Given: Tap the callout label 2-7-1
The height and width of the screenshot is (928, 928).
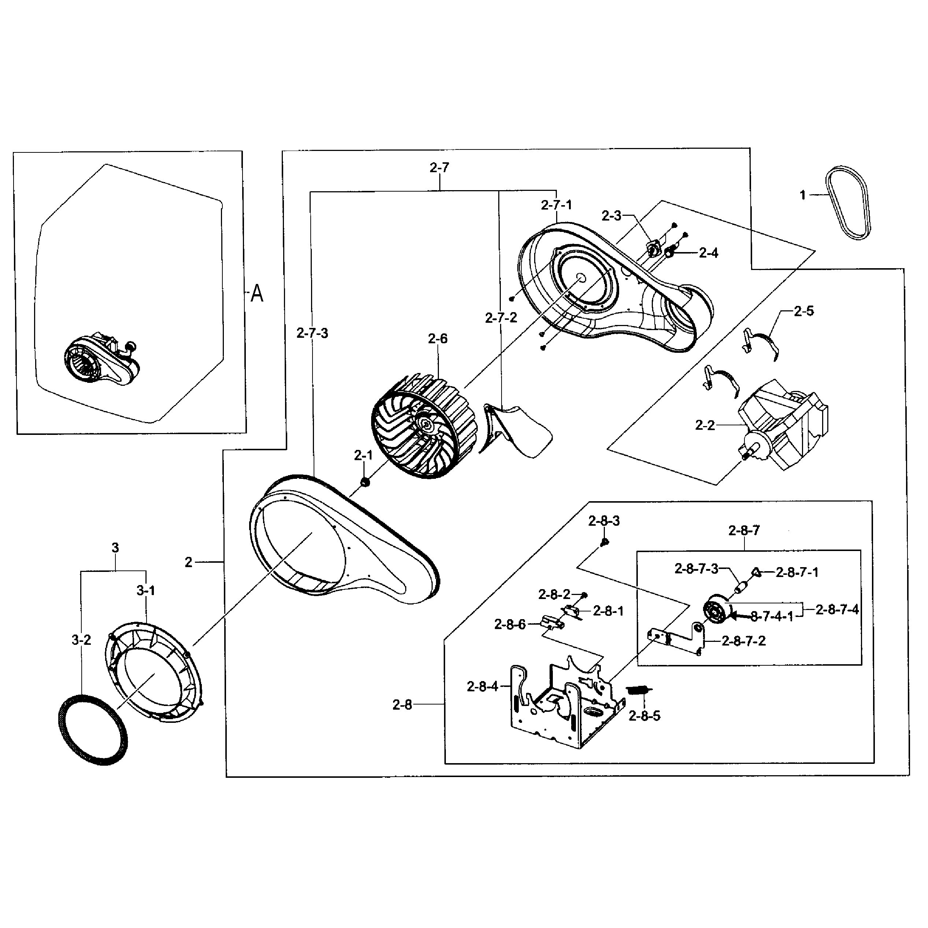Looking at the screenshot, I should (556, 205).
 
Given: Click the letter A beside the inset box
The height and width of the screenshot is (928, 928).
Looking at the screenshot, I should (257, 293).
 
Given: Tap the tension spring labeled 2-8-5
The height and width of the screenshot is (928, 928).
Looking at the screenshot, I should (639, 690).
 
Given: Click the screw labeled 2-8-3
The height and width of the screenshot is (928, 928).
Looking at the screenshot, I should (605, 542).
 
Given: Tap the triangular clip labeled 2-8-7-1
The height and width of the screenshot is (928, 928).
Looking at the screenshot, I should (756, 572).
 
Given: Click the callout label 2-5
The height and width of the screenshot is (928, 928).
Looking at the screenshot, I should (803, 311).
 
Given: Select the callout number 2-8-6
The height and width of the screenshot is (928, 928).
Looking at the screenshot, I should (510, 624).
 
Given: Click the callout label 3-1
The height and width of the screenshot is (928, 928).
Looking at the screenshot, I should (145, 590).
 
